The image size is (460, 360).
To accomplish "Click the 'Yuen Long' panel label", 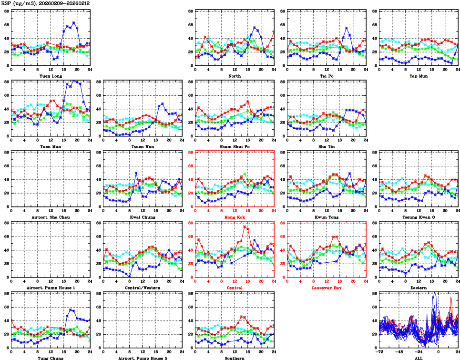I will click(50, 76).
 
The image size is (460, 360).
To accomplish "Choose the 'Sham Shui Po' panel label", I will click(234, 146).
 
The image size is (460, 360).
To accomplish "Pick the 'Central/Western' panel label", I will click(142, 288).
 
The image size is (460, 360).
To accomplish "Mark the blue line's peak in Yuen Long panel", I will click(73, 22).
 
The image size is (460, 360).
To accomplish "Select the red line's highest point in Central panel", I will click(245, 227).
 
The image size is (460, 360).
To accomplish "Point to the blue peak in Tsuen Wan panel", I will click(162, 103).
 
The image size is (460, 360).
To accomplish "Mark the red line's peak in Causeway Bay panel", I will click(336, 237).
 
